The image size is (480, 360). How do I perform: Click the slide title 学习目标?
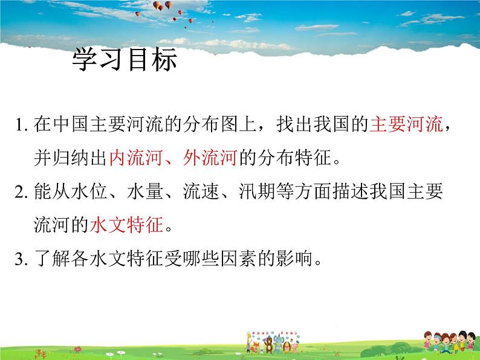click(x=124, y=60)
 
